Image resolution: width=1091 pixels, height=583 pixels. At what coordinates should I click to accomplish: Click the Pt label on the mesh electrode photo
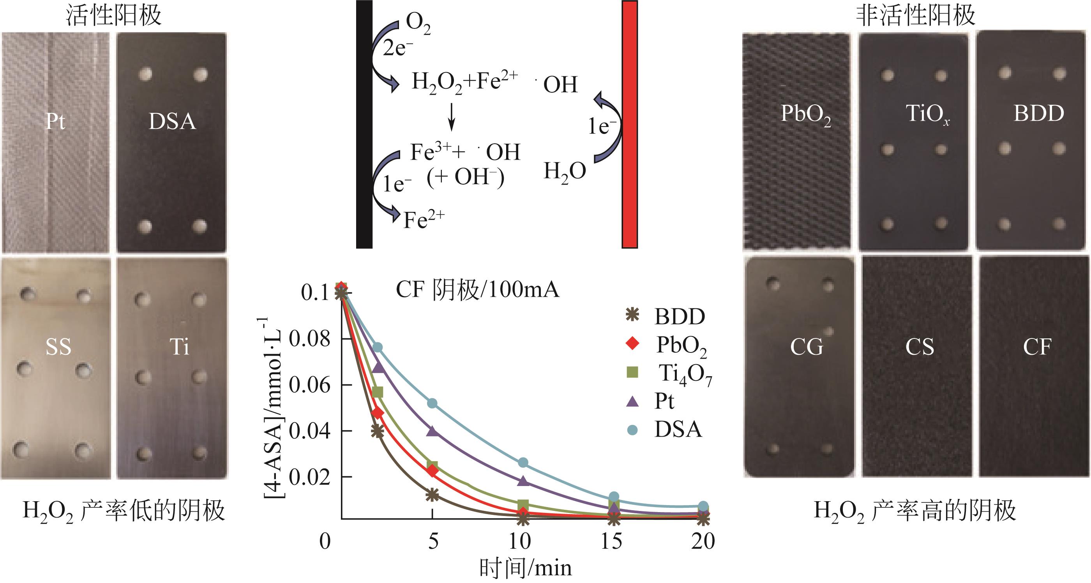(x=55, y=122)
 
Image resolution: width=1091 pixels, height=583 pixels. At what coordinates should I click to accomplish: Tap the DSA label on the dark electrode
(x=172, y=122)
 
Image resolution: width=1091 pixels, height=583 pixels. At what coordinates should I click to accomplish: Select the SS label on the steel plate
(x=58, y=347)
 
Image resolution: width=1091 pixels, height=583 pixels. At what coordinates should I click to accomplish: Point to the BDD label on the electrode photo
(x=1038, y=113)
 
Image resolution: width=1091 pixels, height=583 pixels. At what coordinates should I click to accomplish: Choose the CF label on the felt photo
(x=1037, y=347)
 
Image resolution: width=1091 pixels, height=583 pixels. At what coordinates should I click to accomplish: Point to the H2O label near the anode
(x=565, y=172)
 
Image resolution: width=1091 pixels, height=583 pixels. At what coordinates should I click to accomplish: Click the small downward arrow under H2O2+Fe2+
(x=452, y=116)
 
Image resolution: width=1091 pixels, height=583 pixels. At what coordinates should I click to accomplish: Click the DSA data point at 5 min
(x=433, y=403)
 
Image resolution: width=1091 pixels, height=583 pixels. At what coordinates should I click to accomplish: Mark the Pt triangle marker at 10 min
(x=523, y=481)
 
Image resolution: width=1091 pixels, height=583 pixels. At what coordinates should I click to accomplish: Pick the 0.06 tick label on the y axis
(x=309, y=385)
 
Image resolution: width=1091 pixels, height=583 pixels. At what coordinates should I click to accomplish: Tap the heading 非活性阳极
(x=916, y=16)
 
